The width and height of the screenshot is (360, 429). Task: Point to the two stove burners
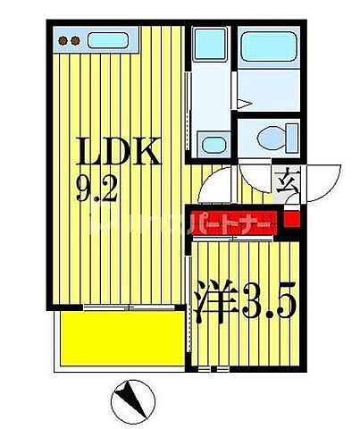click(x=70, y=39)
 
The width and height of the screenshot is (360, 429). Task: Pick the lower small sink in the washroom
click(x=212, y=143)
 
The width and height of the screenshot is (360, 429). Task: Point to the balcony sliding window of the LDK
click(x=125, y=307)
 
